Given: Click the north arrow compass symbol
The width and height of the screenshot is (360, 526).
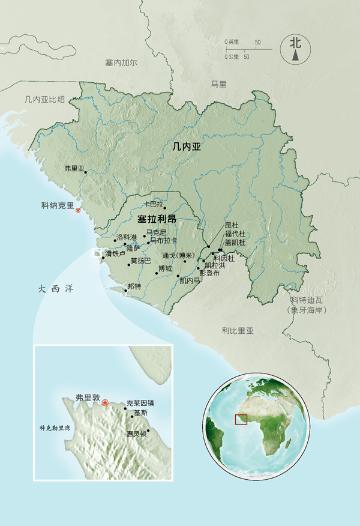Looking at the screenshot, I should click(295, 48).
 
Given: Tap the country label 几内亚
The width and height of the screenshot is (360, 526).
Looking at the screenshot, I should click(185, 145).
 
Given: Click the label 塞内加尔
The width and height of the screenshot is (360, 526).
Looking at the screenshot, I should click(121, 62).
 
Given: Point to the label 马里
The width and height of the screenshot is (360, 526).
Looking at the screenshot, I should click(218, 84).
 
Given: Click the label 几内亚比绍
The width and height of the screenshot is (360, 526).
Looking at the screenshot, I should click(41, 100).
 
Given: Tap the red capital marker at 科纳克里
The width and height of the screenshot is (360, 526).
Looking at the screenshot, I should click(77, 210).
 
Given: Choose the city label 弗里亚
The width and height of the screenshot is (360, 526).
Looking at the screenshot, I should click(75, 169).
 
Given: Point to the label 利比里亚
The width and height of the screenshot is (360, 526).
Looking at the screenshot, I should click(238, 330).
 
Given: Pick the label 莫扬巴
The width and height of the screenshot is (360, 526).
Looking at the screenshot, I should click(140, 261).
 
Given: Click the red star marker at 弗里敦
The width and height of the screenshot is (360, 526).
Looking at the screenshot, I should click(106, 402).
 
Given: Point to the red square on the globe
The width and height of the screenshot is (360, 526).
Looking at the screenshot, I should click(241, 418).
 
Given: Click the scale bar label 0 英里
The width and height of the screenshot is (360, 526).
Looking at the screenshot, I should click(232, 42).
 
